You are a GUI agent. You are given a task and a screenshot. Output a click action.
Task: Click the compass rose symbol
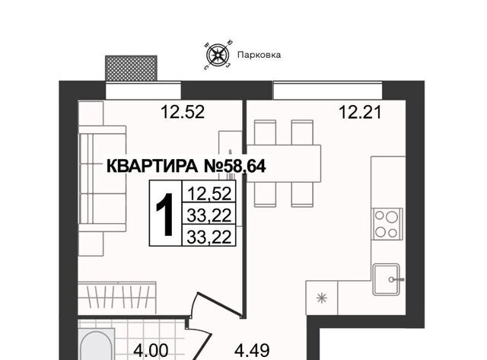coord(218,55)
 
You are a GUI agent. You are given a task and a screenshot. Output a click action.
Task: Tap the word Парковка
coord(259,55)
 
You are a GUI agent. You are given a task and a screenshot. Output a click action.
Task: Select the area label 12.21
coord(360,112)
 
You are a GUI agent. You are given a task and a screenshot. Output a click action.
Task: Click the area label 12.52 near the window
coord(183,112)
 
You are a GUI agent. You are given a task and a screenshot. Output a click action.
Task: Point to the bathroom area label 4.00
coord(151,351)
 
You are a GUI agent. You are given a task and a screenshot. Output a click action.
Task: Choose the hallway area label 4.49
coord(252,351)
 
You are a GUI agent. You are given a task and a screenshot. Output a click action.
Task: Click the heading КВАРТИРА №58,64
coord(186,166)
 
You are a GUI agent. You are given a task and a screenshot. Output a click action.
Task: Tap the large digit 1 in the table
coord(165,215)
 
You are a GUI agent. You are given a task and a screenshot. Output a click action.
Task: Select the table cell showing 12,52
coord(209,193)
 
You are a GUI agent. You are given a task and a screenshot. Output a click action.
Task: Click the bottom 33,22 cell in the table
coord(209,236)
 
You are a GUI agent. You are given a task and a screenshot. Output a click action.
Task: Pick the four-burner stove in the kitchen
coord(387,224)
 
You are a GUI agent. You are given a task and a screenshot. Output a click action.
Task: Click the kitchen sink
coord(387,279)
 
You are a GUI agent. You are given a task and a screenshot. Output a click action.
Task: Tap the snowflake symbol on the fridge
coord(322,298)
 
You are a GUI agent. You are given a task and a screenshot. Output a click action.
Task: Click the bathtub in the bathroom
coord(97,346)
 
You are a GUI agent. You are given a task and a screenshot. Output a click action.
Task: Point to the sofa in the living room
coord(103,179)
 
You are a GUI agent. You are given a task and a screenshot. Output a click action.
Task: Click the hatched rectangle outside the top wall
coord(131,68)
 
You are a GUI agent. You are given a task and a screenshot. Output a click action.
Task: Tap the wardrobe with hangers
coord(117,298)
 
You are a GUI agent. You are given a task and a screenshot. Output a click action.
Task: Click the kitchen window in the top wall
coord(327,91)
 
